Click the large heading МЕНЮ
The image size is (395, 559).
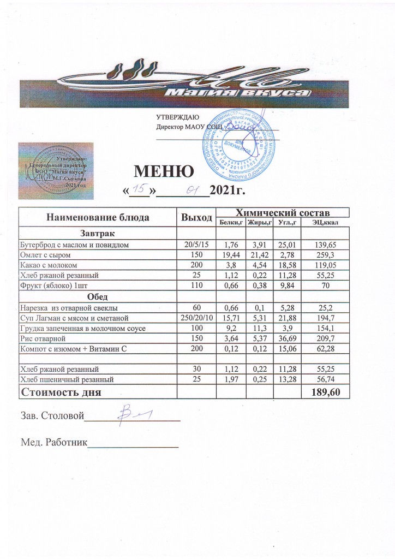pos(164,173)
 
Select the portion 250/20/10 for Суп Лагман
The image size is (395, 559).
pos(197,317)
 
